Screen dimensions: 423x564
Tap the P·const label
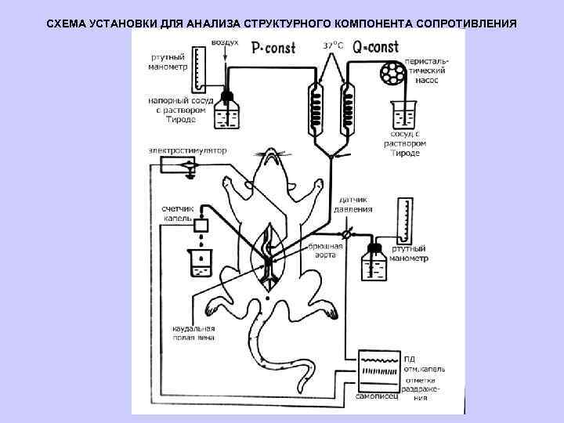273,48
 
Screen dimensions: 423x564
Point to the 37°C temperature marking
332,45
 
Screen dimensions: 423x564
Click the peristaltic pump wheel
391,74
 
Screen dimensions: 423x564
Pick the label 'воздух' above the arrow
227,44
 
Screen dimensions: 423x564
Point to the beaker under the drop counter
201,265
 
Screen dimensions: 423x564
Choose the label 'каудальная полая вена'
193,332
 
